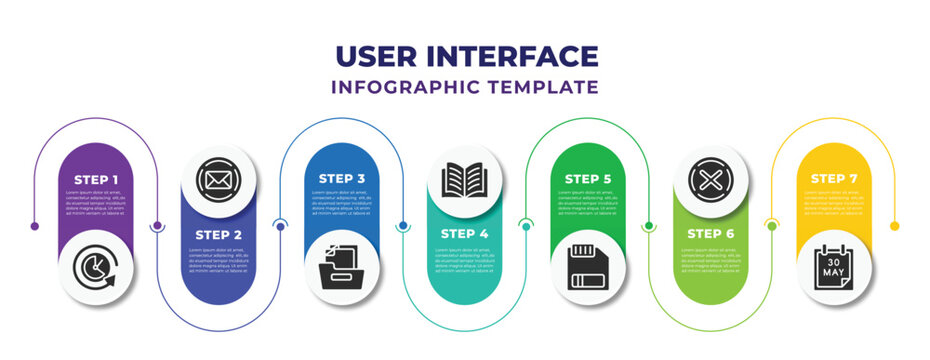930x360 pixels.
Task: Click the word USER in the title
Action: pyautogui.click(x=377, y=56)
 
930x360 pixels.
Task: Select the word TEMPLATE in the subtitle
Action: pyautogui.click(x=542, y=87)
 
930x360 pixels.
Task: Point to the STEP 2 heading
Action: pyautogui.click(x=218, y=234)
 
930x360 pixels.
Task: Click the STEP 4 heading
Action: pyautogui.click(x=464, y=234)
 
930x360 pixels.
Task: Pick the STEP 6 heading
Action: pyautogui.click(x=710, y=234)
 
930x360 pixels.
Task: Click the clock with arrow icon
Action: pyautogui.click(x=95, y=269)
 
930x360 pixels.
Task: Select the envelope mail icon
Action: pyautogui.click(x=218, y=180)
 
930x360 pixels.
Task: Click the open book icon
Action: pyautogui.click(x=464, y=180)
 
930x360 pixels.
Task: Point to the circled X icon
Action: pyautogui.click(x=710, y=180)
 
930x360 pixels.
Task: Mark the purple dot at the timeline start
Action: pyautogui.click(x=35, y=226)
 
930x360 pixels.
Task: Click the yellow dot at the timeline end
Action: pyautogui.click(x=894, y=226)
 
